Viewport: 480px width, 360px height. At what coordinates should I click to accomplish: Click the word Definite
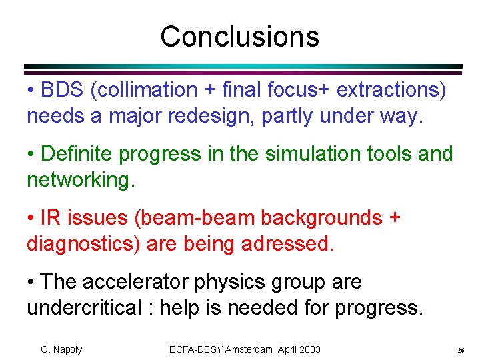80,153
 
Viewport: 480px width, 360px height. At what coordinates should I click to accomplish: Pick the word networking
80,181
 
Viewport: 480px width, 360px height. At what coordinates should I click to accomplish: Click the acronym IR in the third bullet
50,217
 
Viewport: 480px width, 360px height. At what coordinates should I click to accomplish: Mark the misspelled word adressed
288,245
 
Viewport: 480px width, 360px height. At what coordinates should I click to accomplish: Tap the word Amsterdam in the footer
251,349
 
